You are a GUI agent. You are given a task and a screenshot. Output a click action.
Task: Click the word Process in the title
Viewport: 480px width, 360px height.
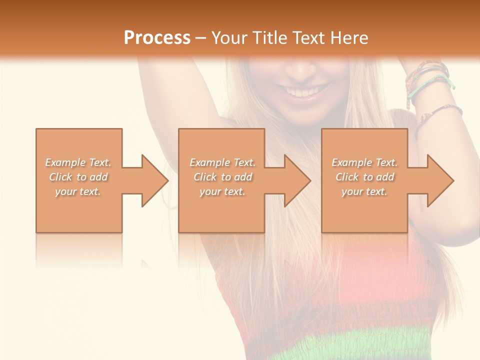tap(157, 37)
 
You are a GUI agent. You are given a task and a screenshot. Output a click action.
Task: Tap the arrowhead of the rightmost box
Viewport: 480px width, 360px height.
tap(439, 180)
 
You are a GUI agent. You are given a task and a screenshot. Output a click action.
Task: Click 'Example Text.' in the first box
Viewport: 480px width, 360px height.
tap(78, 162)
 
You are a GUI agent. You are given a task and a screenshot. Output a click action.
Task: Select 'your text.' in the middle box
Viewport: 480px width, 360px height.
tap(222, 191)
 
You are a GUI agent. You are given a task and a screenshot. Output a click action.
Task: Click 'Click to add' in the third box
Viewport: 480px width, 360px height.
tap(364, 177)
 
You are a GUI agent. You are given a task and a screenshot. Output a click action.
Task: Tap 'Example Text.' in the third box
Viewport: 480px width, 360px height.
tap(364, 162)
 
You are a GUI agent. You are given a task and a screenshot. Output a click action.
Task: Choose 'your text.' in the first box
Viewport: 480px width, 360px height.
tap(78, 191)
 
